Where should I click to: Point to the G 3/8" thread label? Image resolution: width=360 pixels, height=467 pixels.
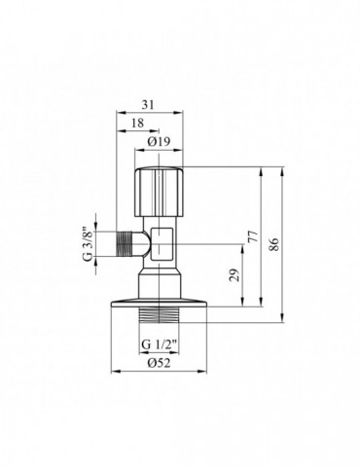coord(87,242)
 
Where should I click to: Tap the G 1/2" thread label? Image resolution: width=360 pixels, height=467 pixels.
coord(159,345)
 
